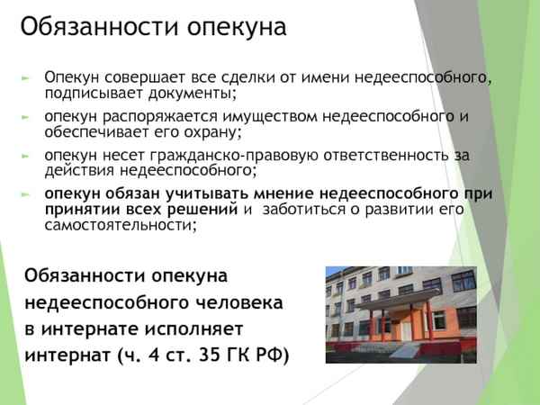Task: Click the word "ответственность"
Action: coord(378,155)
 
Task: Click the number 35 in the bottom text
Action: coord(211,355)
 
